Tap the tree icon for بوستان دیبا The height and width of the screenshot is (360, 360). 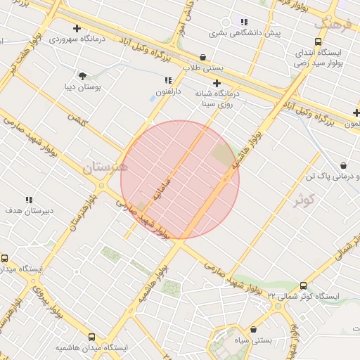tap(83, 75)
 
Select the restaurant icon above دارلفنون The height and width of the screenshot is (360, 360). tap(168, 81)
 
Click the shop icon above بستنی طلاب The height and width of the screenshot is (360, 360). tap(203, 58)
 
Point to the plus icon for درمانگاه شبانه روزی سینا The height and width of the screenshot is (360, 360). tap(206, 83)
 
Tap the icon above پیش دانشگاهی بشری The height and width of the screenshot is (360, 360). tap(244, 22)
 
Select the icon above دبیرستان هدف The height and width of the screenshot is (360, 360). tap(29, 200)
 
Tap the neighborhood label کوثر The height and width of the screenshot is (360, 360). tap(303, 200)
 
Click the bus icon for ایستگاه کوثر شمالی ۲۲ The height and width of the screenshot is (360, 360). tap(303, 286)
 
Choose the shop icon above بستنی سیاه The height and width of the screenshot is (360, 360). tap(253, 328)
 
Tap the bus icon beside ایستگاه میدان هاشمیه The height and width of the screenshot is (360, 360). tap(91, 337)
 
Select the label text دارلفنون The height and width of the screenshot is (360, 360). tap(168, 92)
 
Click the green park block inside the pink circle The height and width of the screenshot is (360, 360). tap(222, 155)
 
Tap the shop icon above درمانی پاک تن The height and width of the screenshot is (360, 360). tap(342, 165)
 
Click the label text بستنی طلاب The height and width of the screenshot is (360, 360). tap(203, 68)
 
